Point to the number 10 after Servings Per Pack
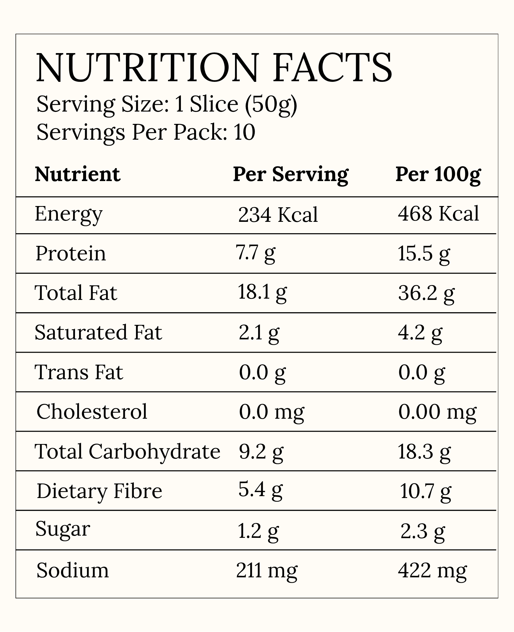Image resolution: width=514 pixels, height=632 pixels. pyautogui.click(x=245, y=132)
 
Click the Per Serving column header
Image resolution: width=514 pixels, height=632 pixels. pyautogui.click(x=291, y=175)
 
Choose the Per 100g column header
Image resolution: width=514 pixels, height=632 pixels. pyautogui.click(x=438, y=175)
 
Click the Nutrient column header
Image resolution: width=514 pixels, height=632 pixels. pyautogui.click(x=77, y=174)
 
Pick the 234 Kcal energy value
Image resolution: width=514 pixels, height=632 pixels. pyautogui.click(x=278, y=215)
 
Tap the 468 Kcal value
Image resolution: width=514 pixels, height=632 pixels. pyautogui.click(x=438, y=214)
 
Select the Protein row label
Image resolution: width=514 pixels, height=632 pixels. pyautogui.click(x=71, y=253)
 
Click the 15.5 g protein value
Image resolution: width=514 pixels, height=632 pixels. pyautogui.click(x=424, y=254)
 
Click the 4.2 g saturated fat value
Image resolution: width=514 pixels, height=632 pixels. pyautogui.click(x=420, y=334)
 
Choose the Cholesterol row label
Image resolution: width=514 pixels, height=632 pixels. pyautogui.click(x=92, y=411)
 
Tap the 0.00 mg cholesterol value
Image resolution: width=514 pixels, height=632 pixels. pyautogui.click(x=437, y=413)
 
